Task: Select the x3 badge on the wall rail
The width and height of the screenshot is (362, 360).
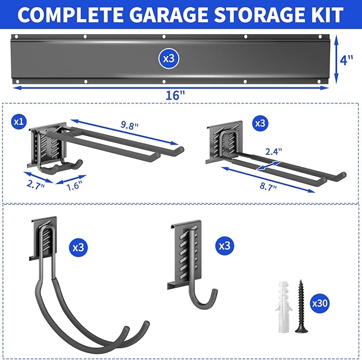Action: tap(168, 59)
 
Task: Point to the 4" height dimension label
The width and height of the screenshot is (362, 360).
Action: tap(347, 60)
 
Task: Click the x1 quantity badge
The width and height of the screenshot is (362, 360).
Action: tap(19, 122)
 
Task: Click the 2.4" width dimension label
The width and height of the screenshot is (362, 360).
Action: tap(272, 151)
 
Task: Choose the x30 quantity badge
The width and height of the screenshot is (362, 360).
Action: tap(319, 303)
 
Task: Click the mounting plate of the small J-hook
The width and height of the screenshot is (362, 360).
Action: tap(184, 253)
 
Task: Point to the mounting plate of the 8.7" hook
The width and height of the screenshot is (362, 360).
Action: tap(224, 140)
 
